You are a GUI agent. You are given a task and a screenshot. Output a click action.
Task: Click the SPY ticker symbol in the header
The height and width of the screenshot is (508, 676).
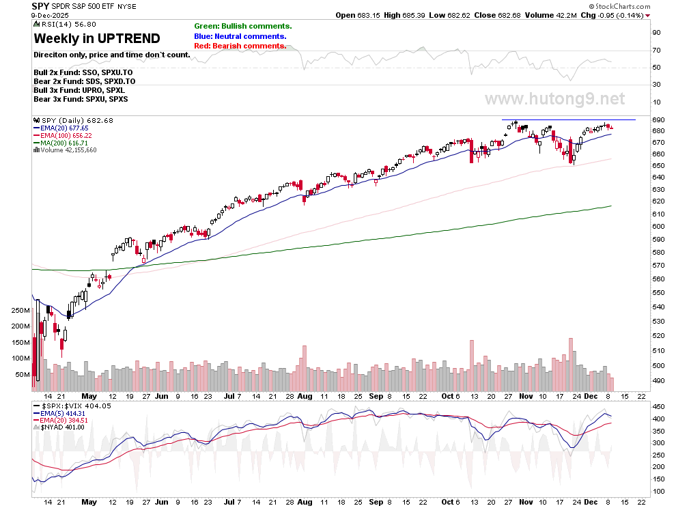coord(40,5)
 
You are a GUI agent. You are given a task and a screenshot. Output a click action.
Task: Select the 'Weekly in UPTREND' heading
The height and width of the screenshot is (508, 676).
coord(97,38)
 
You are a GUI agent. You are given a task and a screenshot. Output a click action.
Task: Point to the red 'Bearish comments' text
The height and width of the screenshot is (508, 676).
coord(240,46)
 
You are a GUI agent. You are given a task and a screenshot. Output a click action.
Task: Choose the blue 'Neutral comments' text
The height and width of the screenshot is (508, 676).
coord(240,36)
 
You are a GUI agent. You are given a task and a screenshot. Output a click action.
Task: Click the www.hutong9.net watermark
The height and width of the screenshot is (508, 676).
coord(554,99)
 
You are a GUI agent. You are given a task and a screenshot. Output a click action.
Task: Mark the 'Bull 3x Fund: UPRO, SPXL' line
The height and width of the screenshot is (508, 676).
coord(79,90)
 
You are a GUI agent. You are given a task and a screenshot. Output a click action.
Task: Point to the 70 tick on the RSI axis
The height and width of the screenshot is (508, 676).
coord(656,51)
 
